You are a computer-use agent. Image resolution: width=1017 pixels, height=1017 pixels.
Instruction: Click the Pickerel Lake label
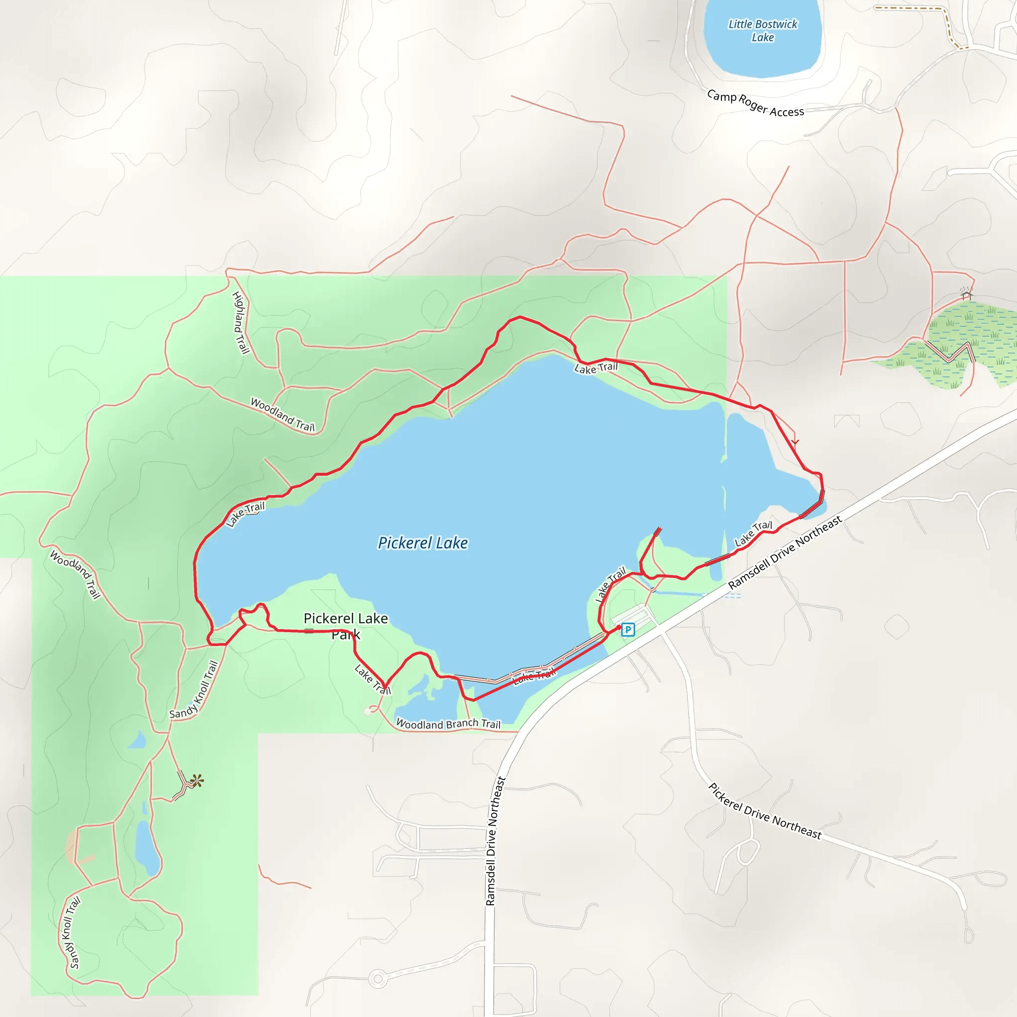(x=423, y=543)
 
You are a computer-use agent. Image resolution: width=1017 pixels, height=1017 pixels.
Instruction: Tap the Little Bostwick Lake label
(x=763, y=30)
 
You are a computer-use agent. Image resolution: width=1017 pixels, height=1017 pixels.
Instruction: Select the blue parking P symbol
(x=628, y=629)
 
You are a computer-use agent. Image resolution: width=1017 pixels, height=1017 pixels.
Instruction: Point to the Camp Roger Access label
(x=755, y=104)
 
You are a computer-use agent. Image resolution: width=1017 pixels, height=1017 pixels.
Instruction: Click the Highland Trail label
(x=240, y=323)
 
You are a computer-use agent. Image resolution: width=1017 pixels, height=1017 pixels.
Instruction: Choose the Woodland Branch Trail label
(x=448, y=724)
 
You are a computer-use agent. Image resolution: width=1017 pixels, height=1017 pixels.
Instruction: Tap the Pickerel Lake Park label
(x=346, y=626)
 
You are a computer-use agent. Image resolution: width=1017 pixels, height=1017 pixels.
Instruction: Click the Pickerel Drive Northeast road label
(x=764, y=811)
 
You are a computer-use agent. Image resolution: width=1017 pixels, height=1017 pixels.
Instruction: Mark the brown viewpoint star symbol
(x=197, y=781)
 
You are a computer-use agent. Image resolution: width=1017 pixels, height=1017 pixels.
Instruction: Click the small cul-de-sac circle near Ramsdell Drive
(x=377, y=979)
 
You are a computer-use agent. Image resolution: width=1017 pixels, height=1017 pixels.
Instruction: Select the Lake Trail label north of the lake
(x=596, y=368)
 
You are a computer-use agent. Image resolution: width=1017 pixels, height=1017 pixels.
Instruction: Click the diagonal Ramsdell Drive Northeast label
(x=785, y=552)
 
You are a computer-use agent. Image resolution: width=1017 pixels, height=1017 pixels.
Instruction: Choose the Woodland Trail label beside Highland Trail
(x=282, y=415)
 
